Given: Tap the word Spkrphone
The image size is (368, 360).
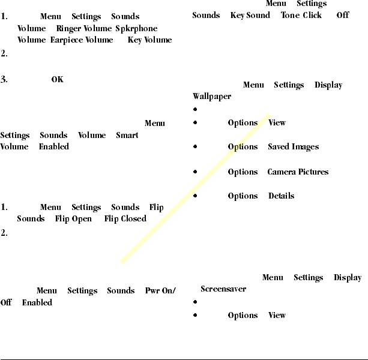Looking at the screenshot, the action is pos(136,28).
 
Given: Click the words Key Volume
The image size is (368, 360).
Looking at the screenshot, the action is pos(149,40).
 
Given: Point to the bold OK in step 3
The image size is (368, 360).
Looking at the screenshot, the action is pos(57,80).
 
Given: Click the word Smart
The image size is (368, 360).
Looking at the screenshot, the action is pos(127,135).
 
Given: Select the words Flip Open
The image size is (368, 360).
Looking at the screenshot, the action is pos(73,219).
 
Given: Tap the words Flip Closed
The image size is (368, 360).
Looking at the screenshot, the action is pos(125,219).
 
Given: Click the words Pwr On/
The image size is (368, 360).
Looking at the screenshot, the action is pos(160,291).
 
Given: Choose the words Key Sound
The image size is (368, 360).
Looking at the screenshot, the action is pos(250,15).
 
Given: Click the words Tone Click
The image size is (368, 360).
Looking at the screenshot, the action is pos(301,15).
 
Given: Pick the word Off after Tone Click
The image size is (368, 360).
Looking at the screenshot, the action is pos(343,15).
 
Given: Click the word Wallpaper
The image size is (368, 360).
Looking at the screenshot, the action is pos(211,97).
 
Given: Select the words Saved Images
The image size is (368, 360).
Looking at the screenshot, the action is pos(293,147).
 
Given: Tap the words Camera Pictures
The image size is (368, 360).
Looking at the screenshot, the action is pos(298,172).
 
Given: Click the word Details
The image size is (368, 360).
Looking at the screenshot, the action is pos(281,196).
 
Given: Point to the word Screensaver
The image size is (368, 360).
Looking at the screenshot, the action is pos(223,289).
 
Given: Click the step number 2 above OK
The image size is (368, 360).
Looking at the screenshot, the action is pos(4,53).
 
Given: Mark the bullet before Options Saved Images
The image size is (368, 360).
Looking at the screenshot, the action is pos(196,147).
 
